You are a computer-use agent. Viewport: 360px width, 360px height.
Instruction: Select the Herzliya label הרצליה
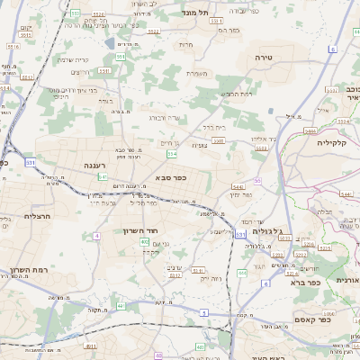(x=19, y=216)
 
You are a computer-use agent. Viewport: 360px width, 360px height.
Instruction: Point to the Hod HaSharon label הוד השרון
(x=140, y=230)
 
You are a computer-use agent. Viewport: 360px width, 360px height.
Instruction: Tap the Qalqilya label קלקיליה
(x=332, y=141)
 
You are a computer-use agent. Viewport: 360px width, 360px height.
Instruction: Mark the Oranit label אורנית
(x=346, y=281)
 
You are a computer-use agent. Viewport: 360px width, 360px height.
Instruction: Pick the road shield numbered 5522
(x=153, y=31)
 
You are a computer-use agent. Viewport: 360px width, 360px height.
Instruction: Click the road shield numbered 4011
(x=90, y=346)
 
